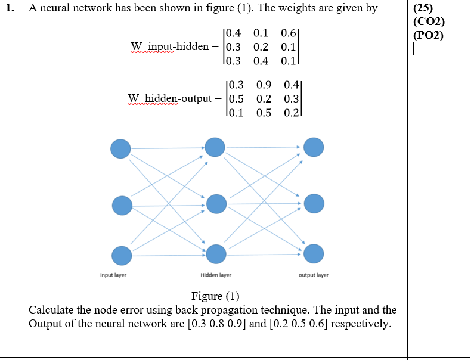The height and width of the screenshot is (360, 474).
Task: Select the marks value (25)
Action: (424, 9)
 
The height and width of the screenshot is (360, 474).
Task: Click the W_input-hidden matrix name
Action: (169, 46)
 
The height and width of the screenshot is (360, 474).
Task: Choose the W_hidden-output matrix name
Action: (169, 98)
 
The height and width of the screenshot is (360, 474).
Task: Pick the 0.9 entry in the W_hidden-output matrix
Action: (264, 86)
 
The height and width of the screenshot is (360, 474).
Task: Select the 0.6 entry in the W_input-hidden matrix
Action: (288, 33)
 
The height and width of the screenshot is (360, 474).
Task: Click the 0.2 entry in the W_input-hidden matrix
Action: (261, 46)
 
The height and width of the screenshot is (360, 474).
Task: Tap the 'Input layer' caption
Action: (113, 275)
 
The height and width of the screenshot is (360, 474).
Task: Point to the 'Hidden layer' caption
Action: (216, 275)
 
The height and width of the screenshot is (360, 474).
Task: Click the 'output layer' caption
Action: (313, 275)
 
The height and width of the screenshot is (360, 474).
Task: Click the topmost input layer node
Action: (120, 148)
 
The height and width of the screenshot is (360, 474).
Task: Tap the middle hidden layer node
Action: (216, 204)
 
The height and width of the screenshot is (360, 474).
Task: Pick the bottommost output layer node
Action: (314, 254)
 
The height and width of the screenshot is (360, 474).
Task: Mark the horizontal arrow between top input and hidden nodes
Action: (168, 148)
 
